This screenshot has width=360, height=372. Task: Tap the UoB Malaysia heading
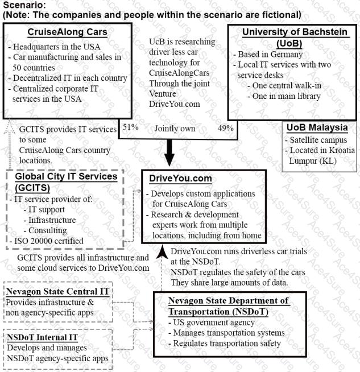click(316, 127)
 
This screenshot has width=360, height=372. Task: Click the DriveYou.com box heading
click(180, 179)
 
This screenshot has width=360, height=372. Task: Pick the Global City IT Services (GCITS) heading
click(66, 182)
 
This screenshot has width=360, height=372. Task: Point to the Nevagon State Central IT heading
click(57, 292)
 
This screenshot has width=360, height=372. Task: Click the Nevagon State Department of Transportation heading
click(228, 306)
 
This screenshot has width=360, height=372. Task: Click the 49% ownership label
click(226, 127)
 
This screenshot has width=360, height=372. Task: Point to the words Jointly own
click(175, 128)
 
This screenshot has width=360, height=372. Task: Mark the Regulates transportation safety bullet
click(224, 343)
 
